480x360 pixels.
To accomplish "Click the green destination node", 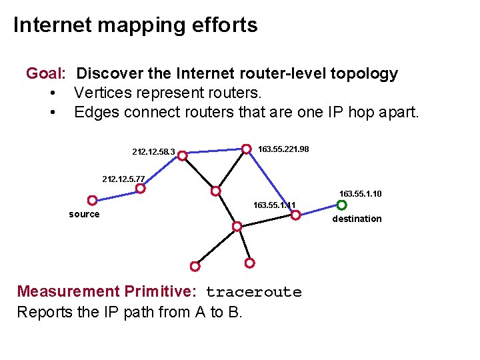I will (x=341, y=205).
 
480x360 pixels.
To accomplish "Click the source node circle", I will (x=92, y=200).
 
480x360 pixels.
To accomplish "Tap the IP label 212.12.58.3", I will (x=153, y=152).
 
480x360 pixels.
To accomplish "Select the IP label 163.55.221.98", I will (x=283, y=149).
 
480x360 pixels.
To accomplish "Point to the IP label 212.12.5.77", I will (x=123, y=179).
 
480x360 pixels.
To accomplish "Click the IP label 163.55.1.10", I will (x=360, y=194).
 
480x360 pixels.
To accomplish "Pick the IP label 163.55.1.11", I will (x=274, y=205).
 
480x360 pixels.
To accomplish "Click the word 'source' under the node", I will (x=84, y=214).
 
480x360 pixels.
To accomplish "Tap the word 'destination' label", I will (x=357, y=219).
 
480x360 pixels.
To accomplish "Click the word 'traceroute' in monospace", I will (x=253, y=292).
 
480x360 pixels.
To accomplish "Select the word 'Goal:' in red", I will (x=45, y=73).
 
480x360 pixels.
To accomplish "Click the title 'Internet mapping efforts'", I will (x=135, y=25).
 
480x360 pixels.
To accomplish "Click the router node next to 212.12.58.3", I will (x=182, y=155).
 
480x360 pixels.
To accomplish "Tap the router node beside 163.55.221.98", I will (x=246, y=149).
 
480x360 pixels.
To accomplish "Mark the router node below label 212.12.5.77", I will (x=141, y=189).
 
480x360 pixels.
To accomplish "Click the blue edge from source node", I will (x=117, y=194).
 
